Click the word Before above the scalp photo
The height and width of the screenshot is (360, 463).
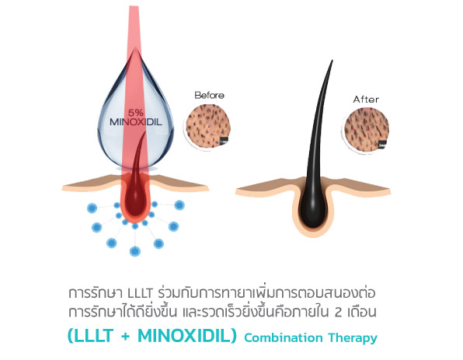pos(209,95)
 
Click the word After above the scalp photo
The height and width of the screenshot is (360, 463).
pos(366,100)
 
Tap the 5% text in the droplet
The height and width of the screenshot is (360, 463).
pos(135,113)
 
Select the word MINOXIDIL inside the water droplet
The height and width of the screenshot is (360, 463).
pos(136,122)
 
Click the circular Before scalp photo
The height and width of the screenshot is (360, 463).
pos(207,128)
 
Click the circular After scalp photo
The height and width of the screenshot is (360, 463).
pos(367,130)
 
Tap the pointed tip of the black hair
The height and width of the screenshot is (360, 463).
pos(332,61)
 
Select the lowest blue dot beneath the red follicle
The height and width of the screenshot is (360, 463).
pos(135,251)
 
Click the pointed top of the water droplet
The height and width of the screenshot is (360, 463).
pos(135,49)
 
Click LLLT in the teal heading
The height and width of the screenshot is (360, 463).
pos(94,336)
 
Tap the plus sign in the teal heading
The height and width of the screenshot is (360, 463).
pos(126,337)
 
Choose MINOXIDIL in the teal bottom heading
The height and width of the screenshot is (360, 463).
pos(184,336)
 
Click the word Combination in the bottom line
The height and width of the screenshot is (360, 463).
pos(284,337)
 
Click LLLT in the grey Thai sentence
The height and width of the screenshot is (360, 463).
pos(140,293)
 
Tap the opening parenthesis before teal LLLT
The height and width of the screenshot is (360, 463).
pos(71,336)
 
